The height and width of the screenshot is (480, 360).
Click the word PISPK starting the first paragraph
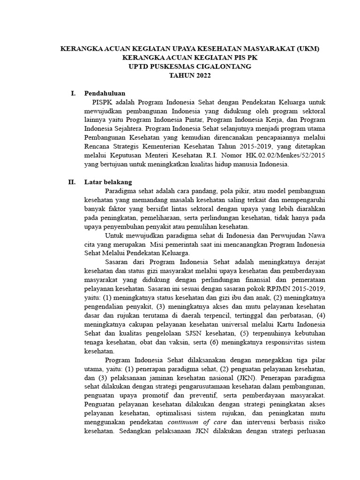pos(103,102)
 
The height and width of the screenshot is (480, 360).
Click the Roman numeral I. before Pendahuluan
pos(73,93)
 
